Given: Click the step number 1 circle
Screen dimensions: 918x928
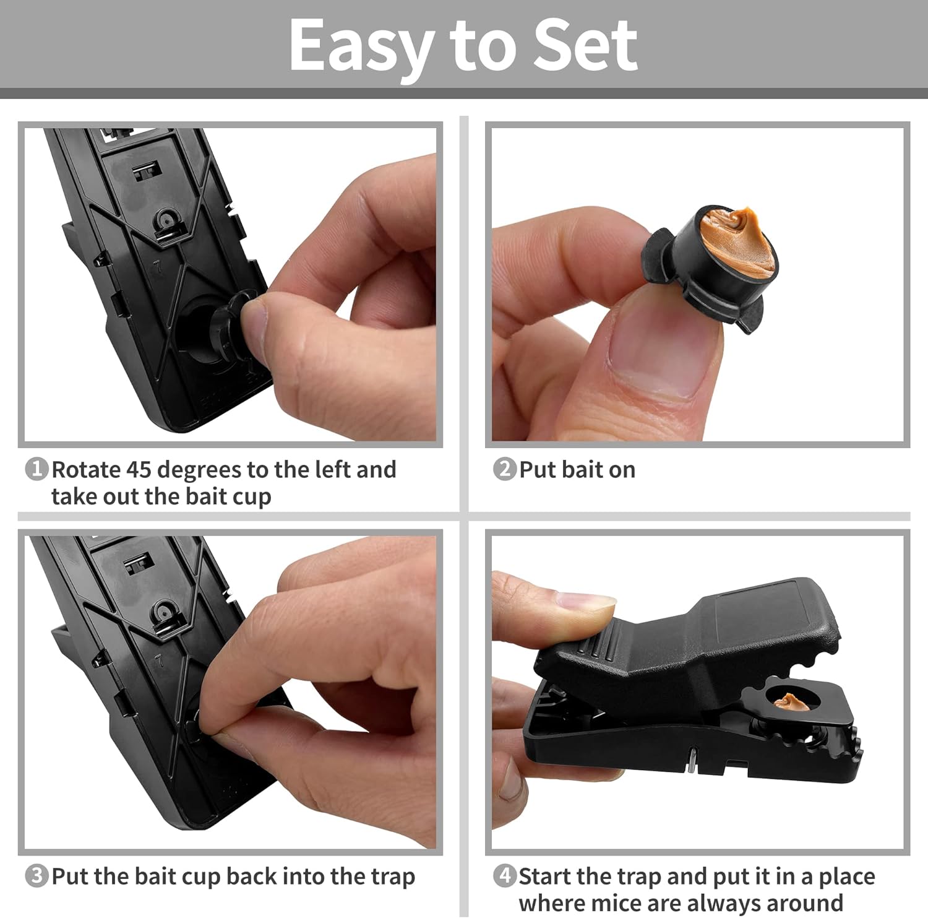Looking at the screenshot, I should (37, 469).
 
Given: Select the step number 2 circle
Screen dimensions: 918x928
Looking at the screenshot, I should (504, 469).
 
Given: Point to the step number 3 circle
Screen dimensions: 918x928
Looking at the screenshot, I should (37, 876).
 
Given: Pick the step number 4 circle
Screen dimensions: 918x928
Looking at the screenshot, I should (504, 876).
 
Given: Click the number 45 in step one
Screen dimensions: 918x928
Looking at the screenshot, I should (139, 470).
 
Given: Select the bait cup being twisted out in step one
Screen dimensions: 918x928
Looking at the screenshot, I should (232, 322).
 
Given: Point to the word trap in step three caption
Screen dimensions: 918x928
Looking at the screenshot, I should (392, 877).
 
